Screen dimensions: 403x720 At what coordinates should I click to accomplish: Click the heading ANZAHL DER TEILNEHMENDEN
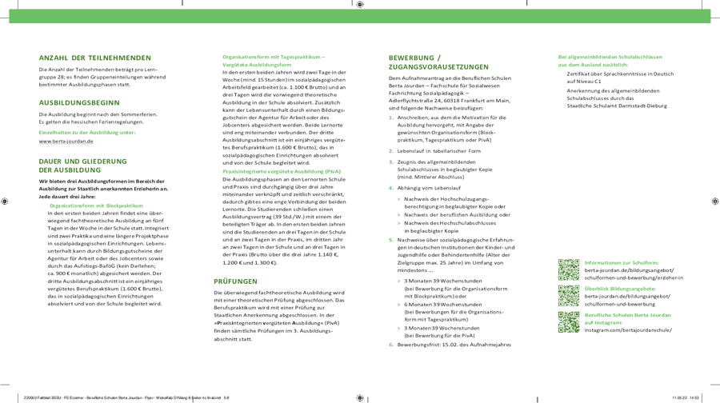click(94, 58)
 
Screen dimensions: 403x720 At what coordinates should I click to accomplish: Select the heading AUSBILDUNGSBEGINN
click(79, 102)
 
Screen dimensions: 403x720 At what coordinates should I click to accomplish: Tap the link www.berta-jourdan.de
click(66, 142)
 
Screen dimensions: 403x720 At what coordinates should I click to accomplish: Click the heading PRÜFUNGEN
click(235, 281)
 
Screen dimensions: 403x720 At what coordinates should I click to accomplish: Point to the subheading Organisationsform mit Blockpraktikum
click(96, 205)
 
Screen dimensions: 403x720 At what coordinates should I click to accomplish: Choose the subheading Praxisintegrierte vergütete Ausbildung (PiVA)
click(281, 171)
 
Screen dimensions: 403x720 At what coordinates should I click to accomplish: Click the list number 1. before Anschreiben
click(391, 118)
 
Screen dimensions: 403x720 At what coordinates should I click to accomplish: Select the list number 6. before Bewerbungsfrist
click(391, 345)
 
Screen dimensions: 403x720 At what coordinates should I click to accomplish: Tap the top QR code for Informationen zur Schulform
click(568, 269)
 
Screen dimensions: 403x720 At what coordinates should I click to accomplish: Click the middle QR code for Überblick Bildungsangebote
click(568, 296)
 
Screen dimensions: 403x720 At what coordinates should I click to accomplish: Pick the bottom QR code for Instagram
click(568, 322)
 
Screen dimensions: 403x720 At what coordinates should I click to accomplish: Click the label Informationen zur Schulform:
click(622, 262)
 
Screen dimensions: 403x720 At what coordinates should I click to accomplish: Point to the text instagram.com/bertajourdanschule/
click(628, 329)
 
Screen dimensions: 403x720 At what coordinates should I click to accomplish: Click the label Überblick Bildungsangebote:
click(620, 289)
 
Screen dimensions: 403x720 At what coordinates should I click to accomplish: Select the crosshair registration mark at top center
click(360, 5)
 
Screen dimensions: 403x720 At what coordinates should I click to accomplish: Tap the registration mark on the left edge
click(5, 201)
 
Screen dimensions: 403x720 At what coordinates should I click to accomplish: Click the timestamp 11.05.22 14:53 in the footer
click(686, 397)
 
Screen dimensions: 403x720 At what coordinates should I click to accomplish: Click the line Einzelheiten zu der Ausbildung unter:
click(87, 133)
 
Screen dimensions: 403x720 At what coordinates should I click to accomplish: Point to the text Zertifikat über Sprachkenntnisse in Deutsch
click(620, 74)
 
